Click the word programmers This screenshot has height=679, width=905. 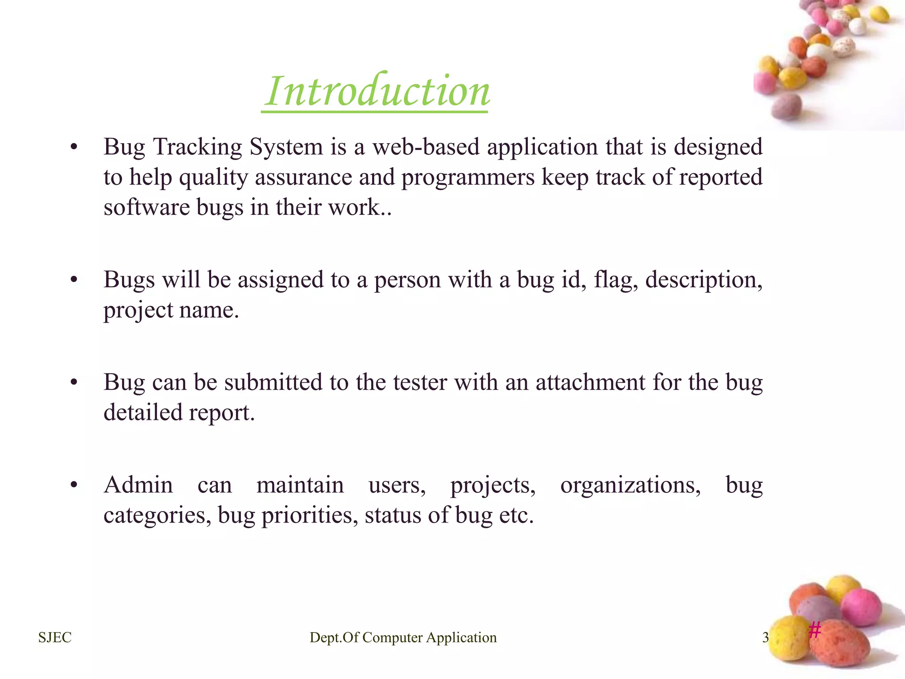click(468, 178)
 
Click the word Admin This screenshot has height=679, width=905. click(138, 485)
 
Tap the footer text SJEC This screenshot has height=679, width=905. click(55, 637)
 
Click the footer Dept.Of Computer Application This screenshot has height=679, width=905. click(403, 637)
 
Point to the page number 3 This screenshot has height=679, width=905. click(765, 637)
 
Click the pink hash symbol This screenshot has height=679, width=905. click(815, 629)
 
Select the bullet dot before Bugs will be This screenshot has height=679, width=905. click(74, 280)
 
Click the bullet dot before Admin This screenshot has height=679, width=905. click(74, 485)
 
